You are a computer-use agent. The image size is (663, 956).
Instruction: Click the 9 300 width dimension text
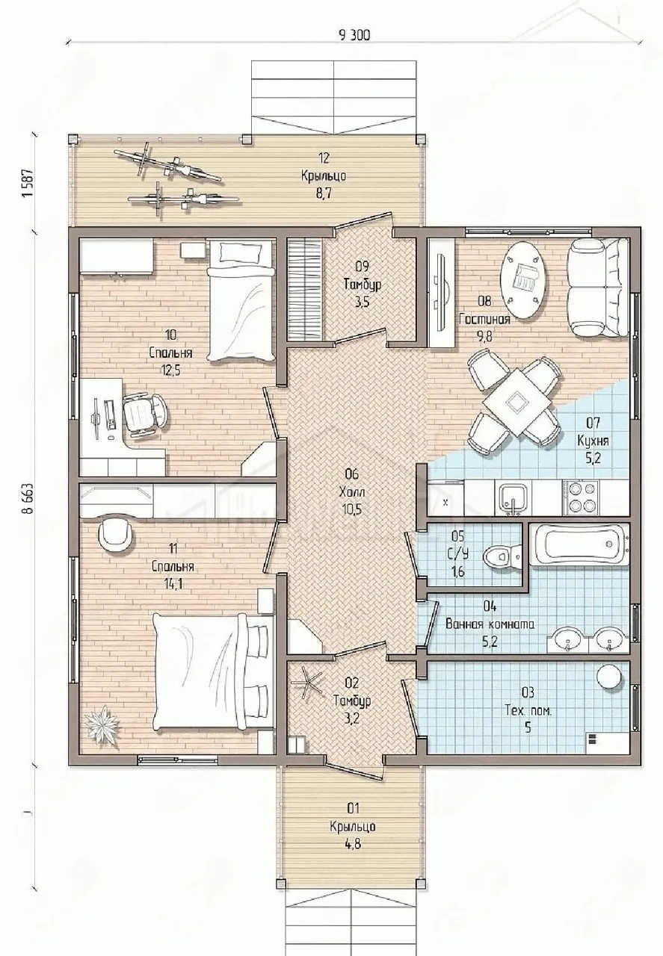(x=354, y=35)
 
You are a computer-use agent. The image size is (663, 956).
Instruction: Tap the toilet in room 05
(x=502, y=556)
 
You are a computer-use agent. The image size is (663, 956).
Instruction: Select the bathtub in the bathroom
(x=579, y=544)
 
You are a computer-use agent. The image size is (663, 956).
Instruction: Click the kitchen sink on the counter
(x=513, y=499)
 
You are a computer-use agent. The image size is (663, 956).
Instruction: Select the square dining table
(x=515, y=402)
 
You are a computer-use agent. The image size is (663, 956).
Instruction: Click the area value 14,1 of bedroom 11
(x=173, y=584)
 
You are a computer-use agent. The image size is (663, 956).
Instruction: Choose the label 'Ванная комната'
(x=490, y=624)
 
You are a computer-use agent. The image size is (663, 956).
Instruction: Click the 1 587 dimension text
(x=28, y=184)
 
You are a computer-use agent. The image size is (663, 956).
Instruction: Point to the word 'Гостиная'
(x=485, y=319)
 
